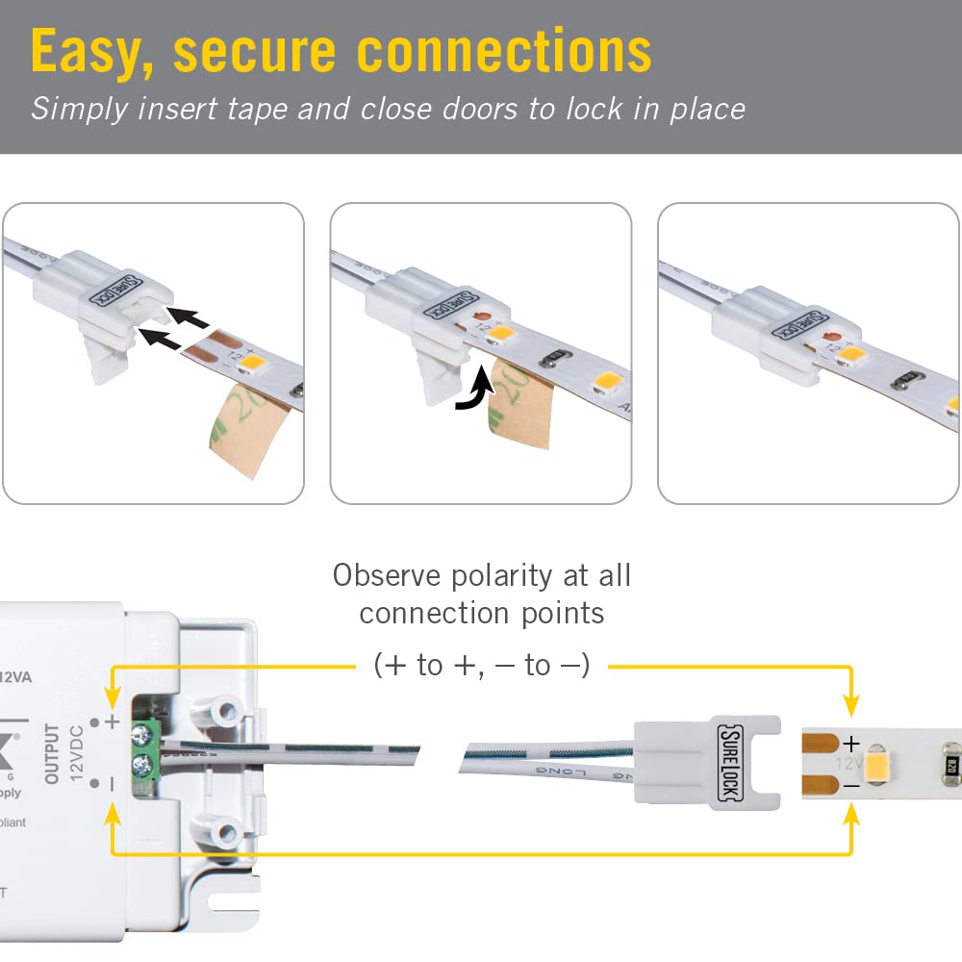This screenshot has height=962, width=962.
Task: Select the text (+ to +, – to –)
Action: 481,665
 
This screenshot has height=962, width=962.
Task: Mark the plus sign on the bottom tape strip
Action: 850,744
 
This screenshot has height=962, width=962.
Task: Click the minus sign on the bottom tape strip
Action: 850,785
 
